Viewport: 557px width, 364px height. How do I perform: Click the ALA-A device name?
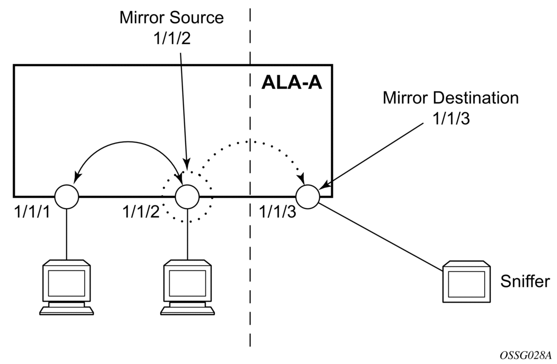pyautogui.click(x=291, y=83)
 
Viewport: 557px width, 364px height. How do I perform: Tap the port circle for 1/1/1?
pyautogui.click(x=67, y=197)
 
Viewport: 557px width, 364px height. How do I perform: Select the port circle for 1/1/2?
pyautogui.click(x=187, y=197)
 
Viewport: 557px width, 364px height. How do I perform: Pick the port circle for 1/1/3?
pyautogui.click(x=307, y=197)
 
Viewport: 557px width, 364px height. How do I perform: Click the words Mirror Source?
pyautogui.click(x=172, y=18)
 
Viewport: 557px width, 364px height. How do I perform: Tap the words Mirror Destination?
pyautogui.click(x=450, y=98)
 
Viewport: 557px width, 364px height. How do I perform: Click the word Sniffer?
pyautogui.click(x=525, y=281)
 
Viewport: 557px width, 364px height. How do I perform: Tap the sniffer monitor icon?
pyautogui.click(x=466, y=283)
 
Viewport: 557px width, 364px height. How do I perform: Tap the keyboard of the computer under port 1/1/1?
pyautogui.click(x=67, y=310)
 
